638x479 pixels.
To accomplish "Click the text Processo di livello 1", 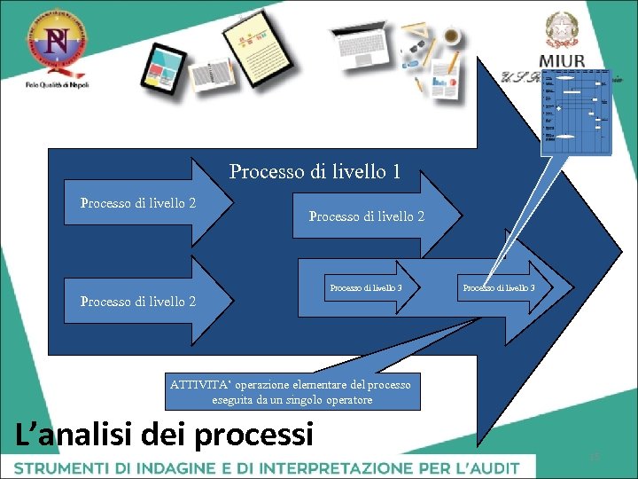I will click(315, 171).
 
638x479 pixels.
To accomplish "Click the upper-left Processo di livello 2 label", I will click(138, 203).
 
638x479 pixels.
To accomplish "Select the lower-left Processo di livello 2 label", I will click(138, 302).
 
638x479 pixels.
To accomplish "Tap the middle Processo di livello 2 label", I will click(366, 216).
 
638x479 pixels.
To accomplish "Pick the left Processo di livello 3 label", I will click(365, 287).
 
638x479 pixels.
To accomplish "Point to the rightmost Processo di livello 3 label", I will click(498, 287).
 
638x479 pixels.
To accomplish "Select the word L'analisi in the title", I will click(74, 434).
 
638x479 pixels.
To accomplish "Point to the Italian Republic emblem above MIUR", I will click(560, 29).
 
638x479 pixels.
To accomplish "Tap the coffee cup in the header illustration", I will click(453, 35).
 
